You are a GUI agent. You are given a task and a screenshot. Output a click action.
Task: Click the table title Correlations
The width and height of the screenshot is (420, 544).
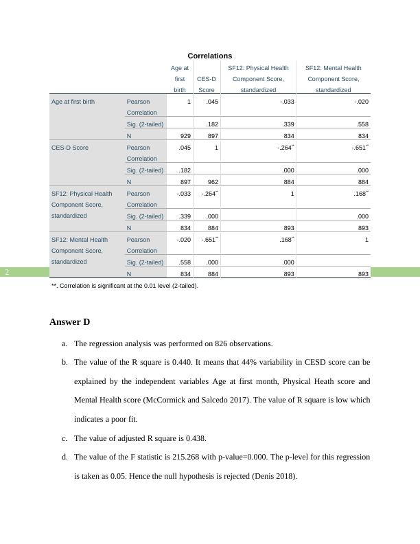209,56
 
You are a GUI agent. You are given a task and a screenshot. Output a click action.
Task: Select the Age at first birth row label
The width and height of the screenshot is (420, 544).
73,102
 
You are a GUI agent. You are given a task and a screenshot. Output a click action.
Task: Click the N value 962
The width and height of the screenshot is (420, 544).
212,182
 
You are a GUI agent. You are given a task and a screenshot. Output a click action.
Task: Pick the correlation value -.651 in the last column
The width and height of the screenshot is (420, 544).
359,147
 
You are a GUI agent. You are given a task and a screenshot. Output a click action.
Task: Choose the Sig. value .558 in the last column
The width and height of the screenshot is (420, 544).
363,124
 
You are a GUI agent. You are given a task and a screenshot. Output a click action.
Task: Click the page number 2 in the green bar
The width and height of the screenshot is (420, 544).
7,272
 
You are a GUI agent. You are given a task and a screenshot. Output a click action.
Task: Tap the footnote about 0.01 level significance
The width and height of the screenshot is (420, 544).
124,286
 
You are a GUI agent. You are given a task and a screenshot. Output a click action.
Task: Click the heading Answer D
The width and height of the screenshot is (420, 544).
70,322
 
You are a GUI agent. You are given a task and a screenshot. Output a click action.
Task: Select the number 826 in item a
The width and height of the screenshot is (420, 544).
221,343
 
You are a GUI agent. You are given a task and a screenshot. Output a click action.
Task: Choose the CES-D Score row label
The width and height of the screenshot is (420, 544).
70,148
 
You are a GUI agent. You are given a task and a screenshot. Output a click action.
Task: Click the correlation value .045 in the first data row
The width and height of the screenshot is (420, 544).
212,102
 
